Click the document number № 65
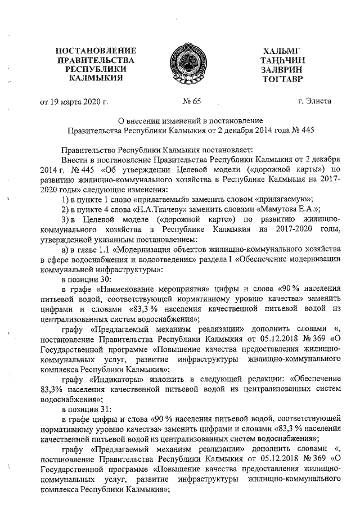pyautogui.click(x=191, y=102)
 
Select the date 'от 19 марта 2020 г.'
pyautogui.click(x=73, y=102)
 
